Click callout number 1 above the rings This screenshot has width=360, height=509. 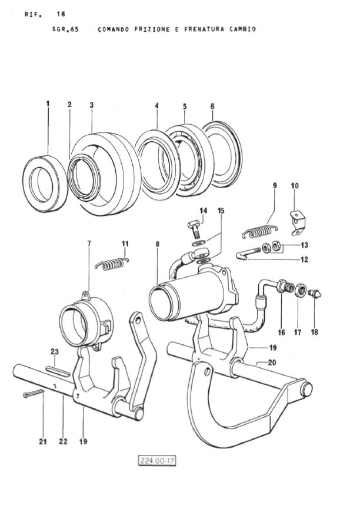[x=48, y=104]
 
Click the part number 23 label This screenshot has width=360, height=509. [x=55, y=352]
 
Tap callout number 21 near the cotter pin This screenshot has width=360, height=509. [x=42, y=440]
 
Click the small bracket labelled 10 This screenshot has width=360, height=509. [x=300, y=217]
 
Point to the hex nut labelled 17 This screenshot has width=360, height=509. [x=299, y=290]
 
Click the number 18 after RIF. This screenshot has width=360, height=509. [x=61, y=13]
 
